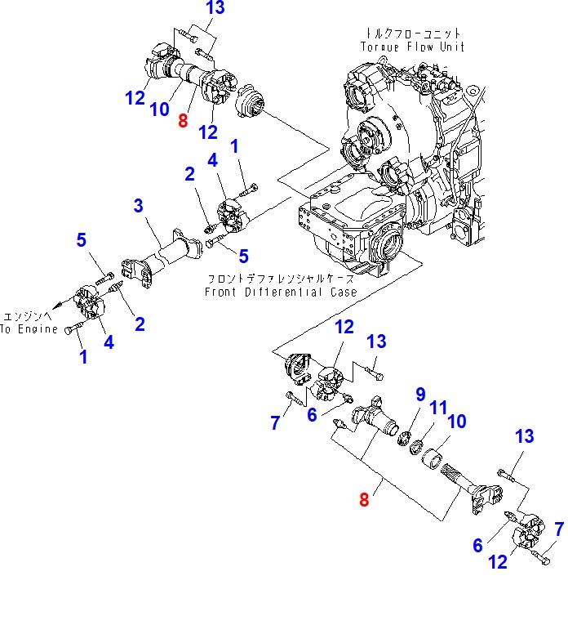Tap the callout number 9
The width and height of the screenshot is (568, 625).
420,395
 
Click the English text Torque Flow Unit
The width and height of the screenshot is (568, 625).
413,47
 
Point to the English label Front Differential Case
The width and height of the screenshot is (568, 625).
281,292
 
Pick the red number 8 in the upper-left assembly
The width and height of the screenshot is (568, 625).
182,122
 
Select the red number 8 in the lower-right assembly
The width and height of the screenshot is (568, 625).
364,499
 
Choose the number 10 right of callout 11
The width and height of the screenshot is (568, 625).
457,422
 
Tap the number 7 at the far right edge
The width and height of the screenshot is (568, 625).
558,529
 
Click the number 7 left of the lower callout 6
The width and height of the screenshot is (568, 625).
275,422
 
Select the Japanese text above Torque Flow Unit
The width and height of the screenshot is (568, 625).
413,33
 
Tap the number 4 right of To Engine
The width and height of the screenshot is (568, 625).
109,342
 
